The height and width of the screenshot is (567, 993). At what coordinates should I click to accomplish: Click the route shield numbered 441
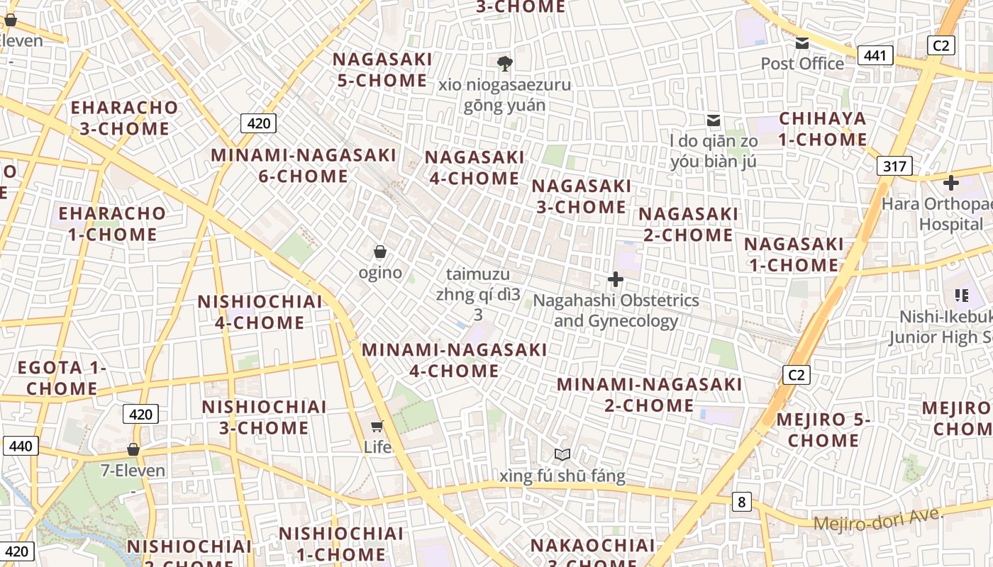[x=875, y=55]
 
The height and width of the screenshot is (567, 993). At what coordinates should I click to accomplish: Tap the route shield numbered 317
[x=894, y=167]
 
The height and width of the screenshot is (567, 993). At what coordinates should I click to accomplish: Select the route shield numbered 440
[x=21, y=446]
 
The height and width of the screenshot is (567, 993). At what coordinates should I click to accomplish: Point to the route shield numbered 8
[x=741, y=503]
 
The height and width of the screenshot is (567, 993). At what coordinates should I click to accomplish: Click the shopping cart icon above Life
[x=377, y=426]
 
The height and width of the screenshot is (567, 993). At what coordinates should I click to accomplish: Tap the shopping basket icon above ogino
[x=380, y=252]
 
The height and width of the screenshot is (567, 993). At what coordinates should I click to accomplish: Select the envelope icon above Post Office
[x=802, y=43]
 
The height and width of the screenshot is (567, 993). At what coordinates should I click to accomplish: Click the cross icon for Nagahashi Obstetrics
[x=616, y=279]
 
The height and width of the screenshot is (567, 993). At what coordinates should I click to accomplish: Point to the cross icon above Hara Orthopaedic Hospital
[x=950, y=183]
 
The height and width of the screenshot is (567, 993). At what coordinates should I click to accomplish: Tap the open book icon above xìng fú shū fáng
[x=562, y=454]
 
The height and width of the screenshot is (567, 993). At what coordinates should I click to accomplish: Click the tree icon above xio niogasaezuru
[x=505, y=64]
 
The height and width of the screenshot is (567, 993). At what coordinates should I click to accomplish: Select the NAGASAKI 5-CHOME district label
[x=382, y=69]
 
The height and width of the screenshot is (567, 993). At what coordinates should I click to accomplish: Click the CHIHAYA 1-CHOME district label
[x=823, y=129]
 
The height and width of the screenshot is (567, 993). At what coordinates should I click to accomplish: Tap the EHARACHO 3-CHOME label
[x=124, y=118]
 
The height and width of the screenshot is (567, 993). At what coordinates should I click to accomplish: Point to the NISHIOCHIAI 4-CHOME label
[x=260, y=312]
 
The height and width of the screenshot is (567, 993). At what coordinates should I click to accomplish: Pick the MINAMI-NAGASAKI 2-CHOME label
[x=649, y=395]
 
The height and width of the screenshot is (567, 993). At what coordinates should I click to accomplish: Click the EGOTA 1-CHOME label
[x=62, y=378]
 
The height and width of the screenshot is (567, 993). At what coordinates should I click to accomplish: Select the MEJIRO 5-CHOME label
[x=823, y=430]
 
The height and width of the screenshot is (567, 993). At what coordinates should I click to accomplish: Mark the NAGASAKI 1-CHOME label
[x=794, y=254]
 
